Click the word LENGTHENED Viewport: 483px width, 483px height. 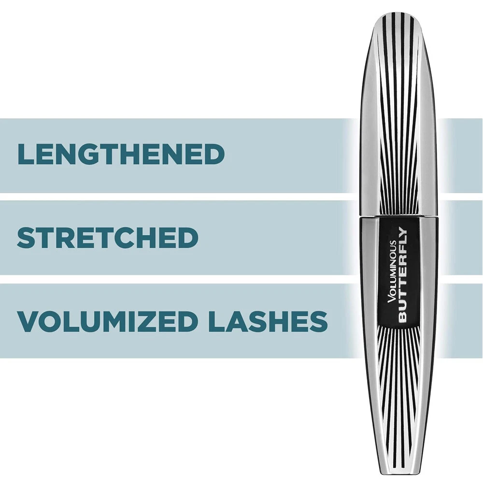pos(121,155)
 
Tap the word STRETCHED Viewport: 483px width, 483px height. pos(107,238)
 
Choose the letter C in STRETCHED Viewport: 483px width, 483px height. pos(146,238)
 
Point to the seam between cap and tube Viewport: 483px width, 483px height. pos(398,217)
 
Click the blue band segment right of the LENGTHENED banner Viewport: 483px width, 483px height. pos(461,155)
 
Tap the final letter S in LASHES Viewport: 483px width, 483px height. pos(318,321)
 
